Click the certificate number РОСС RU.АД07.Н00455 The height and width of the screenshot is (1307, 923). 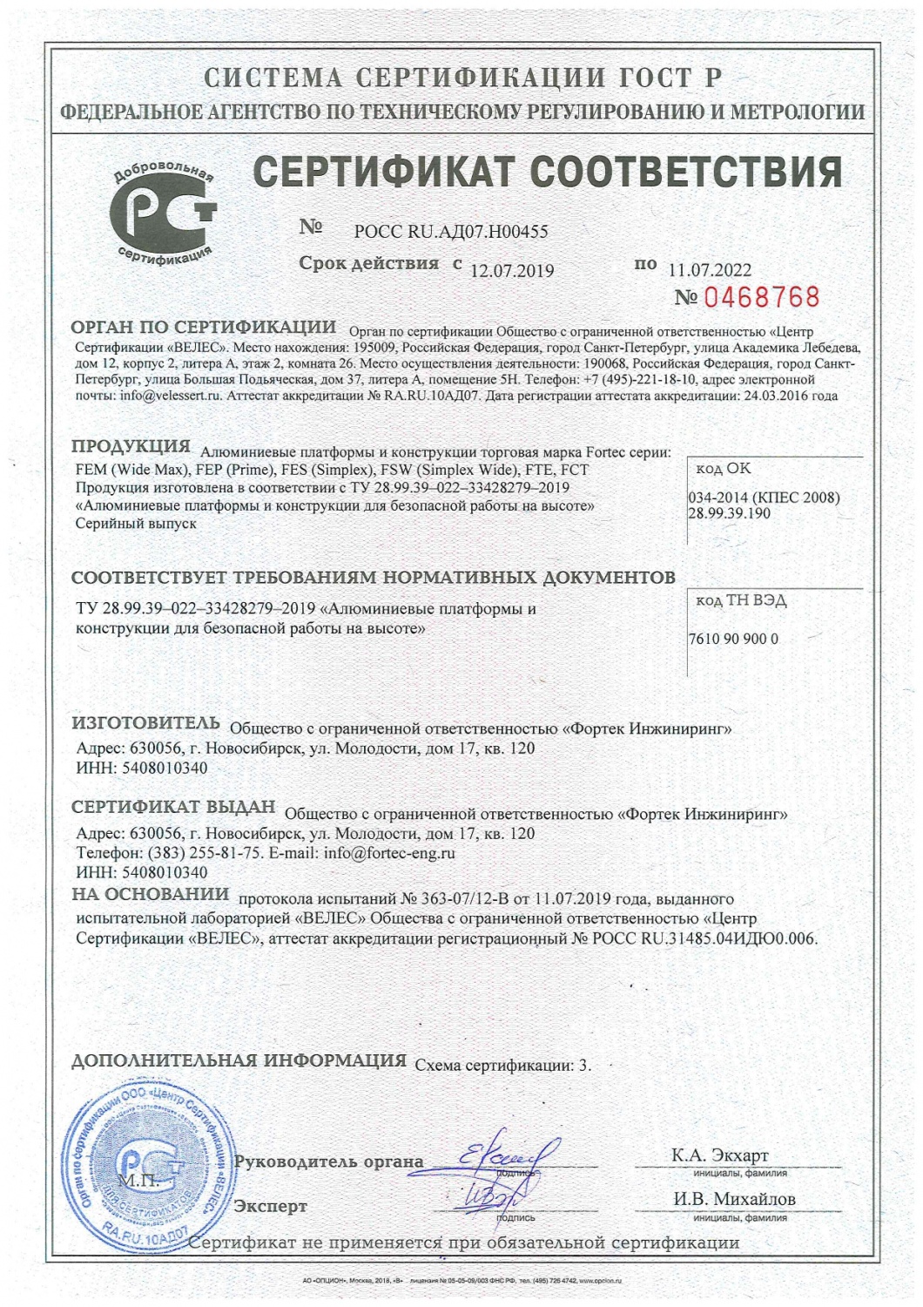[451, 232]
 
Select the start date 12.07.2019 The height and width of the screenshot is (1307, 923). [512, 271]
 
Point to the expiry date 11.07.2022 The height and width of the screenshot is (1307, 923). [710, 270]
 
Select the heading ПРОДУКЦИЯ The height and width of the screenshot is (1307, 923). [131, 447]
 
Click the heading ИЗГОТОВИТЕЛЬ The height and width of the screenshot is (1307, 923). [145, 723]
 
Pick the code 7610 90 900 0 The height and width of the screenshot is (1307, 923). [733, 639]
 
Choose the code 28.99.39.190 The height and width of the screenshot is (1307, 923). [729, 513]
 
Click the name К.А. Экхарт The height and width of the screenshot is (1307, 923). [720, 1156]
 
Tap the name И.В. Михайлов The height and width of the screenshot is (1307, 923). [735, 1200]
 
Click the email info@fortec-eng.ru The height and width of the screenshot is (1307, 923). [389, 853]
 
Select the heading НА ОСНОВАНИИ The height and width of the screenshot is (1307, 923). [151, 894]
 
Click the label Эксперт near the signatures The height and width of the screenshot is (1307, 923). [271, 1207]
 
